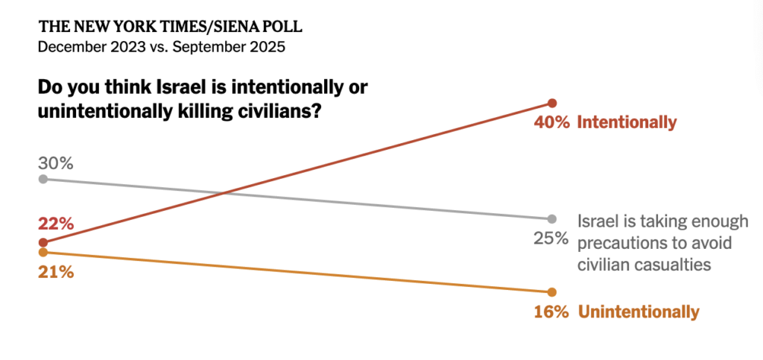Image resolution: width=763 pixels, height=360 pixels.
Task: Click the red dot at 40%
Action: [x=552, y=103]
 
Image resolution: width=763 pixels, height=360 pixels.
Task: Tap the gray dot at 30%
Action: [x=43, y=179]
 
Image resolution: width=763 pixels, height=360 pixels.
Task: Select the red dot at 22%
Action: [x=43, y=242]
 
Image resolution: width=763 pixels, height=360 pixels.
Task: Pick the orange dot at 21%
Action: [x=43, y=252]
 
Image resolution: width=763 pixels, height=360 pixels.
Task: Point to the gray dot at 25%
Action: [x=552, y=219]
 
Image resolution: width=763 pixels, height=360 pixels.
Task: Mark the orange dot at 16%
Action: [x=552, y=291]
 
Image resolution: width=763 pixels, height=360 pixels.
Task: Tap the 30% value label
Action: [x=56, y=163]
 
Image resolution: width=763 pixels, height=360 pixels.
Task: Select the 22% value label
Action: [x=56, y=224]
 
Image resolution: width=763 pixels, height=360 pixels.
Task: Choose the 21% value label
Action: [x=56, y=272]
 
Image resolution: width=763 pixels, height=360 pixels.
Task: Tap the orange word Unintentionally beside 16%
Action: [x=639, y=312]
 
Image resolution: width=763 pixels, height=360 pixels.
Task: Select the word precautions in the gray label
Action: [x=621, y=243]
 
